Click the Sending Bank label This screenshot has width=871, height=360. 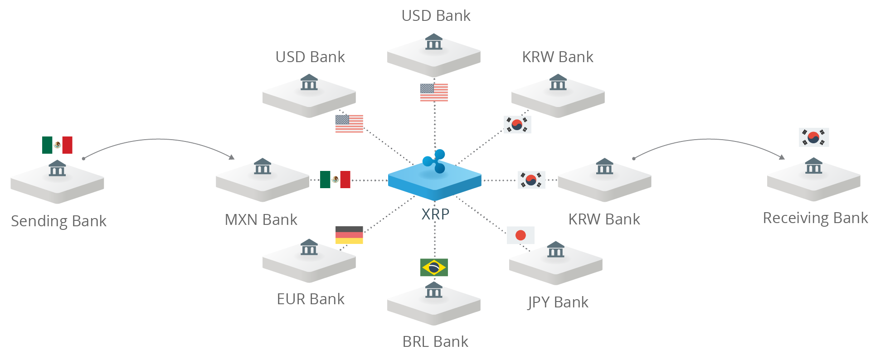(x=58, y=221)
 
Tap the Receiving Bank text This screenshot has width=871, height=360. (x=815, y=218)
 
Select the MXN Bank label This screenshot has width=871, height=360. (x=261, y=220)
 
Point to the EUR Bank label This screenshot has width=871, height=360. (x=311, y=299)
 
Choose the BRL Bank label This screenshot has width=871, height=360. (x=435, y=342)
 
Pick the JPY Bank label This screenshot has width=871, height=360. (x=558, y=302)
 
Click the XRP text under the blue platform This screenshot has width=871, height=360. (x=435, y=214)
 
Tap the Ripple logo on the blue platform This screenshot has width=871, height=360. (x=434, y=161)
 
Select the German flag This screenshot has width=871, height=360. (x=349, y=235)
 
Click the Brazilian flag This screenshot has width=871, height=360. (x=434, y=268)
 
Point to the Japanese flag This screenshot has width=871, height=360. (x=521, y=235)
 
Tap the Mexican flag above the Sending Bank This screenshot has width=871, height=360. (x=57, y=145)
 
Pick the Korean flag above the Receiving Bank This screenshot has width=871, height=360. (x=814, y=137)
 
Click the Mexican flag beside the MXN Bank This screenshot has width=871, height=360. (x=335, y=180)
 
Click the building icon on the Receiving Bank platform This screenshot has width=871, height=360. (x=813, y=166)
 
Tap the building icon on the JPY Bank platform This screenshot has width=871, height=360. (x=555, y=249)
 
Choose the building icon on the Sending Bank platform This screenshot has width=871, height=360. (x=57, y=168)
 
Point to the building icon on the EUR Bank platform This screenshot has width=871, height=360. (x=309, y=247)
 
